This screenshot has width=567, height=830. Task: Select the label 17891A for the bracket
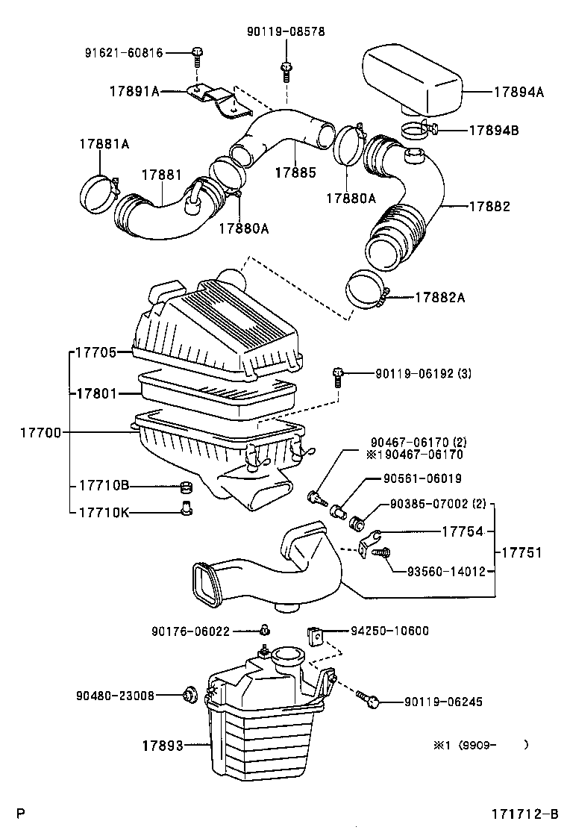135,92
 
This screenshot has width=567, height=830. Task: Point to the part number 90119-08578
286,31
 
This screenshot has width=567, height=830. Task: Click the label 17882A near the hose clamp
440,297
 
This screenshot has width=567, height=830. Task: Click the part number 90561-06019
422,478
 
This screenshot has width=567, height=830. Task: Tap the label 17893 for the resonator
163,745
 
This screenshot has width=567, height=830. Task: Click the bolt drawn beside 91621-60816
198,52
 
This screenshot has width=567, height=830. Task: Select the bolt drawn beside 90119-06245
370,699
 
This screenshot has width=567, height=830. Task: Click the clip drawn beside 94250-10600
315,637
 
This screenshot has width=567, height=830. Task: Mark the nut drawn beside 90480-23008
189,696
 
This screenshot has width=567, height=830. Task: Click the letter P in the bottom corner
22,813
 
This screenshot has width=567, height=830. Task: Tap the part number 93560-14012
446,572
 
